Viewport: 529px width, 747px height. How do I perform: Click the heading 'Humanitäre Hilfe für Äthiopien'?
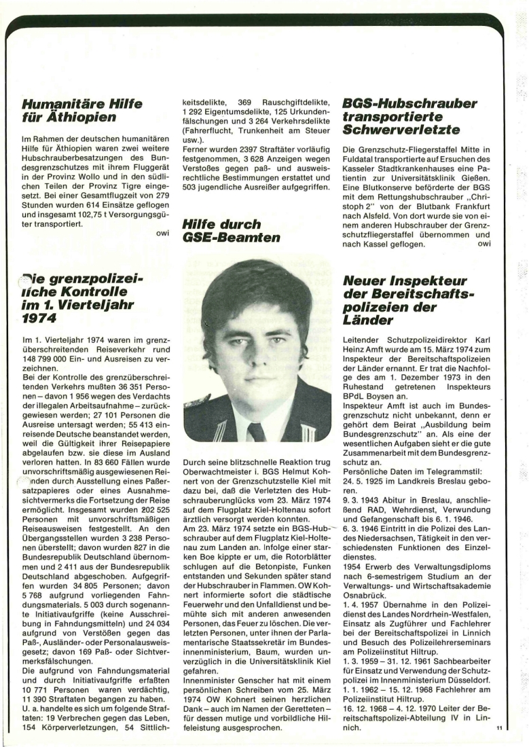pos(81,111)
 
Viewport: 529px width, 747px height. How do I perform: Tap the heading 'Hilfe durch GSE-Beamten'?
pos(221,232)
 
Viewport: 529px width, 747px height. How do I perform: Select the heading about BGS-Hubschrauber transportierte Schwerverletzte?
pos(409,117)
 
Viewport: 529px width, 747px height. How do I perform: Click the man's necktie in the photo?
pos(257,431)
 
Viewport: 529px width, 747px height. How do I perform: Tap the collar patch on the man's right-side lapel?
pos(306,433)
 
